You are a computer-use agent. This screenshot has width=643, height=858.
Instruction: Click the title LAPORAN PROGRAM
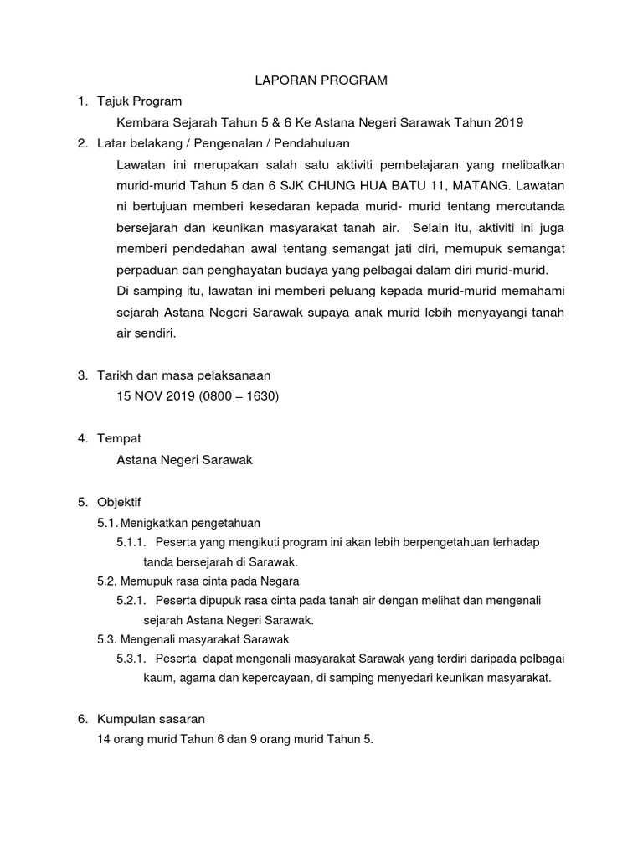[x=321, y=80]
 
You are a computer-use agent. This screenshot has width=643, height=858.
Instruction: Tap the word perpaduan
[x=150, y=270]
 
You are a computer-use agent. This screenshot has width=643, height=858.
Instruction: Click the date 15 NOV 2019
[x=156, y=396]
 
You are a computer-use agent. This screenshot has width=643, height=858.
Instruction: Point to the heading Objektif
[x=121, y=502]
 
